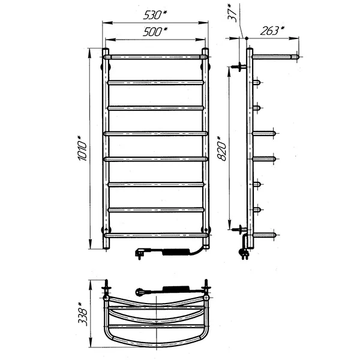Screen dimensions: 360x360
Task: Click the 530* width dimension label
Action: (x=155, y=15)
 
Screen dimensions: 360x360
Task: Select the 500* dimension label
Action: (x=155, y=32)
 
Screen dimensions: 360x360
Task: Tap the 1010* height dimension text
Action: (x=82, y=148)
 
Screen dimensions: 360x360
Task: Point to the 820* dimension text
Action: (x=221, y=149)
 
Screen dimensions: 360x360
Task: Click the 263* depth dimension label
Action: (x=272, y=31)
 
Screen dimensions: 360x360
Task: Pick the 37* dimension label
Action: (x=233, y=13)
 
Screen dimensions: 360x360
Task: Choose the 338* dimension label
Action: (x=83, y=314)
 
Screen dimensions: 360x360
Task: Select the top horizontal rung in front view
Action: (x=155, y=57)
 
